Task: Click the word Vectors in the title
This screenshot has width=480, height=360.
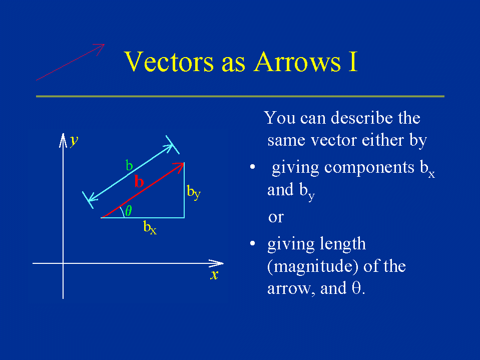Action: pyautogui.click(x=169, y=62)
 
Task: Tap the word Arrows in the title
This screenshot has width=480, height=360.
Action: pyautogui.click(x=297, y=62)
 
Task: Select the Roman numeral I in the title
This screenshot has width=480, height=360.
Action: pyautogui.click(x=353, y=62)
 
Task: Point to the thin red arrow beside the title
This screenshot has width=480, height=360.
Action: pyautogui.click(x=70, y=62)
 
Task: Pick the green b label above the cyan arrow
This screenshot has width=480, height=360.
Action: pyautogui.click(x=129, y=165)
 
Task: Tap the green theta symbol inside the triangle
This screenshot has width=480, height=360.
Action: pyautogui.click(x=129, y=211)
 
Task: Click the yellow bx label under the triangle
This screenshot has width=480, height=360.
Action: pyautogui.click(x=150, y=227)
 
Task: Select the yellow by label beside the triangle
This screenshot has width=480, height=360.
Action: pyautogui.click(x=194, y=192)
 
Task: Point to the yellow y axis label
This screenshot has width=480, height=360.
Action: pyautogui.click(x=74, y=141)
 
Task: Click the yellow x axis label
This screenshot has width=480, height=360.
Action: pyautogui.click(x=214, y=274)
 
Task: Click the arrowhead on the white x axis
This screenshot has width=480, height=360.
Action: pyautogui.click(x=216, y=263)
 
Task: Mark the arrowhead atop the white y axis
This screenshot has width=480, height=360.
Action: pyautogui.click(x=63, y=140)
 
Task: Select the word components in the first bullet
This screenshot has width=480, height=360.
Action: pyautogui.click(x=369, y=168)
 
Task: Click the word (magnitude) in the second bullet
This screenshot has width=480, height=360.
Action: pyautogui.click(x=313, y=266)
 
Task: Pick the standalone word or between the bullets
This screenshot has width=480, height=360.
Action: pyautogui.click(x=276, y=217)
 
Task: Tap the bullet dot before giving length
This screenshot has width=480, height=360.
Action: pyautogui.click(x=253, y=243)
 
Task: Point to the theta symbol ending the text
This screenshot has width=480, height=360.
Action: pyautogui.click(x=356, y=288)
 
